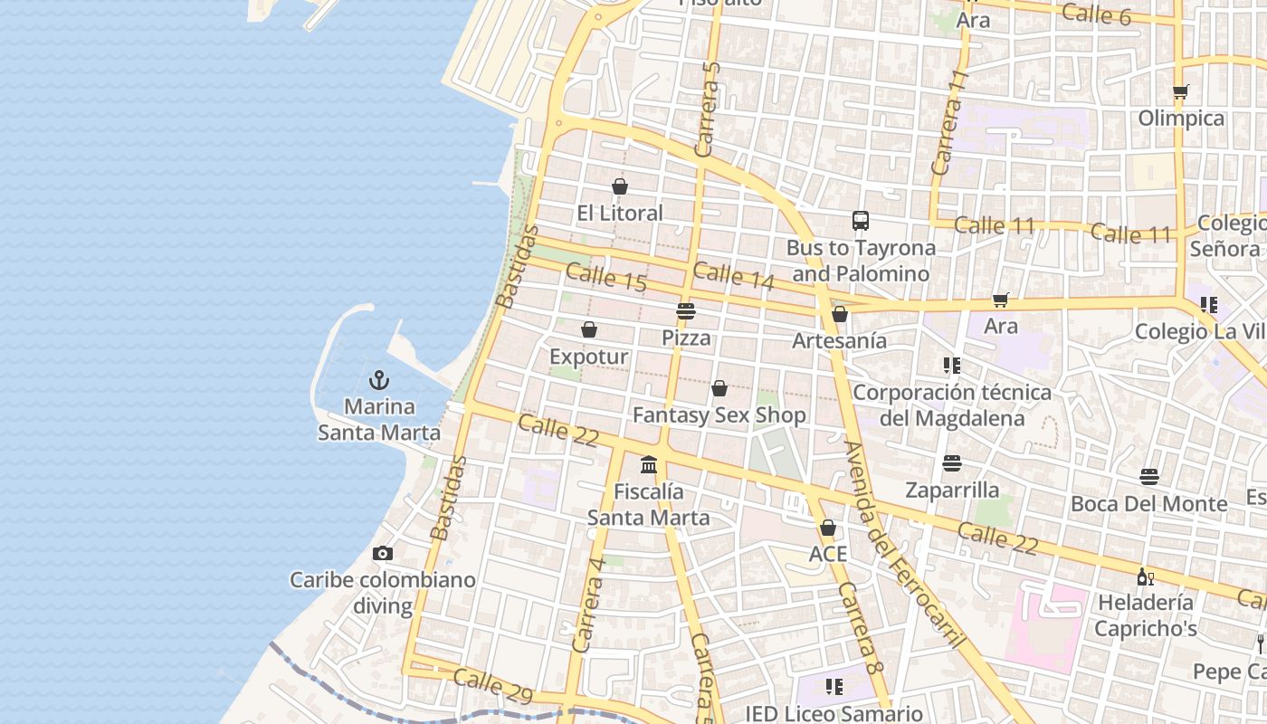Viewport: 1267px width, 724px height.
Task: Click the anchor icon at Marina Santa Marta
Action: pos(379,380)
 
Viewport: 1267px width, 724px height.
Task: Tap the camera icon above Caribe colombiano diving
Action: pos(383,553)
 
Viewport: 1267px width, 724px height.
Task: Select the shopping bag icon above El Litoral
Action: pos(620,186)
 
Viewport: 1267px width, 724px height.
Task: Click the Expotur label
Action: pos(588,357)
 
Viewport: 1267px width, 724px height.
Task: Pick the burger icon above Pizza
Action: pos(686,312)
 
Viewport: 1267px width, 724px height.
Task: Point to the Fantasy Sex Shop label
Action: pos(719,415)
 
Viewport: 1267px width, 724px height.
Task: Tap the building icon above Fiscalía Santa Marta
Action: pos(649,465)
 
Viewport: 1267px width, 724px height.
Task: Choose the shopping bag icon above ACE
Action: pos(827,528)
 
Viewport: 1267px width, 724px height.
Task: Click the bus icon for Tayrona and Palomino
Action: pos(860,221)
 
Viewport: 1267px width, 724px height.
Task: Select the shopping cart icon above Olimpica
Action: pos(1181,91)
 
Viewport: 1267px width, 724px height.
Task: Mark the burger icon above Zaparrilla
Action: pos(952,463)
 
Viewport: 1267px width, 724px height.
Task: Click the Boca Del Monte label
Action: pos(1148,503)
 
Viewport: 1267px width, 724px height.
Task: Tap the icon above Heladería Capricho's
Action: pos(1145,576)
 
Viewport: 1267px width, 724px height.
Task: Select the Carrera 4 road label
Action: pos(588,605)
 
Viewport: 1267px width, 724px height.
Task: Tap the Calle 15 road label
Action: pos(606,277)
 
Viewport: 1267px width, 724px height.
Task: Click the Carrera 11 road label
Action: pos(949,123)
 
